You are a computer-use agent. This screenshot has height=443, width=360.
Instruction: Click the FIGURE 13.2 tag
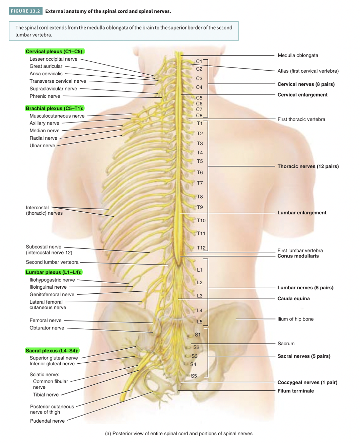[25, 11]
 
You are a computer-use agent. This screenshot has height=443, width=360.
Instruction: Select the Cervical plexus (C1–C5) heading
[55, 52]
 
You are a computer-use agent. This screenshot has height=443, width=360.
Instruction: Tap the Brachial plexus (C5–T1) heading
[55, 109]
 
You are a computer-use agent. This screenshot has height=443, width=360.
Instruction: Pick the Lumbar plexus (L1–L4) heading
[54, 272]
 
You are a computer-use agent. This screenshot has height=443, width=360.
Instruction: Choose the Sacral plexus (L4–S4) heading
[52, 351]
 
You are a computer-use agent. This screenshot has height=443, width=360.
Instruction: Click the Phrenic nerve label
[45, 96]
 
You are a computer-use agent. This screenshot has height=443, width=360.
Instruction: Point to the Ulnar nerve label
[42, 146]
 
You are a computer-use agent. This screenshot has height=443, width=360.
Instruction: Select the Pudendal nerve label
[47, 421]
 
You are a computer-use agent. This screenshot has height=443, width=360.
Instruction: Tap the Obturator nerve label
[47, 328]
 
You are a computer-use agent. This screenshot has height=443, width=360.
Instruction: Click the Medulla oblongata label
[298, 55]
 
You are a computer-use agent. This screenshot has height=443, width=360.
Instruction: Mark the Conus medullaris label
[298, 256]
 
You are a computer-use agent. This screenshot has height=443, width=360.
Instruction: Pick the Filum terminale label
[296, 391]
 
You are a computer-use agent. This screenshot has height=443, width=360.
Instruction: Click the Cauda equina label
[294, 299]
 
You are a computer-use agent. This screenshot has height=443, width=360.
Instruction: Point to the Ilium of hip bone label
[295, 319]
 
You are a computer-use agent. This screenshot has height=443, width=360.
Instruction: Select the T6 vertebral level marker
[200, 173]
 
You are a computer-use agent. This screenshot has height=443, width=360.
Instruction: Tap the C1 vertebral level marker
[199, 61]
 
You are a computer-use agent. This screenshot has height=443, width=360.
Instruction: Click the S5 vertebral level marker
[194, 376]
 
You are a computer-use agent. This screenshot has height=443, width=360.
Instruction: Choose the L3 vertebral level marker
[200, 296]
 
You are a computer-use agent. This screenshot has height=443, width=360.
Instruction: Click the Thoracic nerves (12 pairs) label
[308, 167]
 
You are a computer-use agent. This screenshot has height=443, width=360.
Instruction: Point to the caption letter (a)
[108, 434]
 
